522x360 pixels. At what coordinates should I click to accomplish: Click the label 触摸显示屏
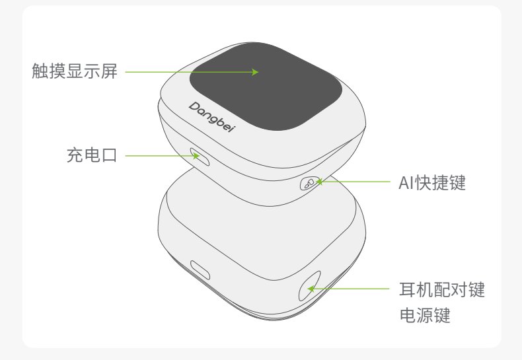74,71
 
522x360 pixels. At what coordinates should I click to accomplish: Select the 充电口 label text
91,156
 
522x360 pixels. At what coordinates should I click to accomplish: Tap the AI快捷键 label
433,182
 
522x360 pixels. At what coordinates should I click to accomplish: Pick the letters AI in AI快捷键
405,182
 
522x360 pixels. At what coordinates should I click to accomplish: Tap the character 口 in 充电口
108,156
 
